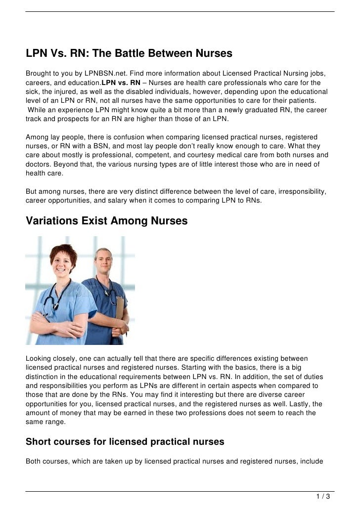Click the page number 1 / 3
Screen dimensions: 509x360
click(x=323, y=496)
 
